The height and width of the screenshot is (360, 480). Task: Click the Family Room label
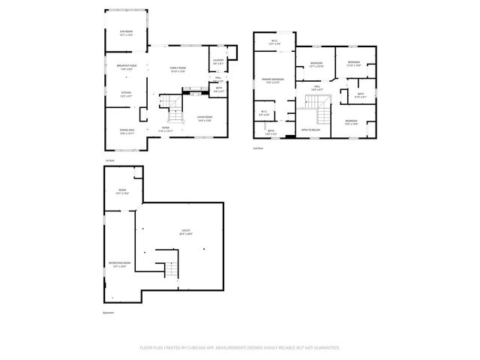click(178, 70)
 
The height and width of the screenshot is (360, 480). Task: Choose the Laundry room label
click(218, 61)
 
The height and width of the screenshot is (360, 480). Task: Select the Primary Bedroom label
click(272, 80)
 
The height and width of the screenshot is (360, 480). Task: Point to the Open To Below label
click(311, 130)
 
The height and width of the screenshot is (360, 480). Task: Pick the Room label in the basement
click(121, 192)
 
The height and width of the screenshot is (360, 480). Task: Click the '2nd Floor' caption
click(258, 148)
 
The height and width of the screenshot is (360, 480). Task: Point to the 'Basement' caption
click(109, 313)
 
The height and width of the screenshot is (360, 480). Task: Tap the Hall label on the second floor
click(317, 88)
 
